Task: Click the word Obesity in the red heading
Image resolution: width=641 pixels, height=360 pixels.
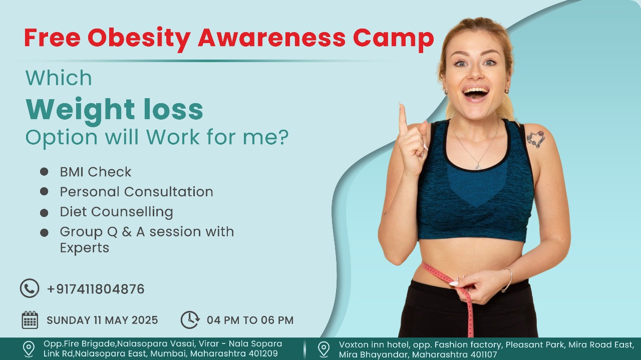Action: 139,39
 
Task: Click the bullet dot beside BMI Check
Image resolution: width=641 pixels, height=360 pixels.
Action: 44,172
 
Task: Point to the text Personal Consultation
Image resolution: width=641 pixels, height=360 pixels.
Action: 137,192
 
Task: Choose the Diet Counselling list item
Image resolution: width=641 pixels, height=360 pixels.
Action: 117,212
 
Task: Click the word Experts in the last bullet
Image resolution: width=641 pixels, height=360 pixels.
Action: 85,248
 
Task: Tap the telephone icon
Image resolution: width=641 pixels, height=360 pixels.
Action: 30,288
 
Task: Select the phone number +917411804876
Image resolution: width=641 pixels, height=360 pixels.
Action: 96,289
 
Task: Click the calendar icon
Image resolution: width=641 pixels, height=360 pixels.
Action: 30,319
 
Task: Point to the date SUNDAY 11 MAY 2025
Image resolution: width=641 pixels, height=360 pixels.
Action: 102,320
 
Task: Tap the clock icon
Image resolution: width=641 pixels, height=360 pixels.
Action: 190,319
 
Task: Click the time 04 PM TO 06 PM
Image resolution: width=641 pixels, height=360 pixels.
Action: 250,320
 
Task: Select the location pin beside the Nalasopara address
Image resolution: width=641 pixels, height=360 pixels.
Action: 29,349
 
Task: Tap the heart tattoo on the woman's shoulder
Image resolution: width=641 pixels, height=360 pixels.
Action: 536,139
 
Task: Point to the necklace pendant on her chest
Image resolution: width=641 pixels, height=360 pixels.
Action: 478,166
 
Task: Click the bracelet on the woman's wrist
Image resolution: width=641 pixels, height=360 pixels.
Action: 508,279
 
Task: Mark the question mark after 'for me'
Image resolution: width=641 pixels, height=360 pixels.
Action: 283,137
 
